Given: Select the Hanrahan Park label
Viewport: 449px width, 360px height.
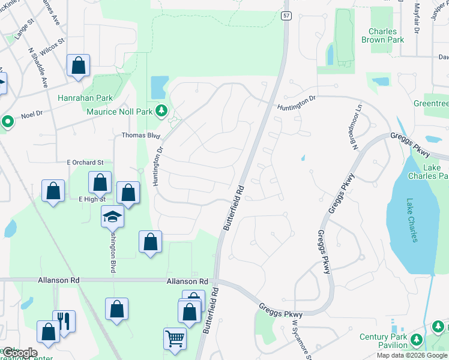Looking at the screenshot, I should pos(85,98).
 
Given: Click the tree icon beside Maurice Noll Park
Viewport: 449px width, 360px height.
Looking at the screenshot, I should pos(161,110).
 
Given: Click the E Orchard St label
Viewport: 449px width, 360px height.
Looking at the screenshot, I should pos(85,162).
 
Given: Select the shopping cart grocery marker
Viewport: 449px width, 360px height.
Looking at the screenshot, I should pos(175,339).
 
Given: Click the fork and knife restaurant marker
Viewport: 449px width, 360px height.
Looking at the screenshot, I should pos(64,321).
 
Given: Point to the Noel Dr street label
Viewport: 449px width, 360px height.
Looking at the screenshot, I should pos(31,112).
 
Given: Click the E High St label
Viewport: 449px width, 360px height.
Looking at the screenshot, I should pos(92,199).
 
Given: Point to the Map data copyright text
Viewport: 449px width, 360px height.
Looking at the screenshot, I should pos(412,355).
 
